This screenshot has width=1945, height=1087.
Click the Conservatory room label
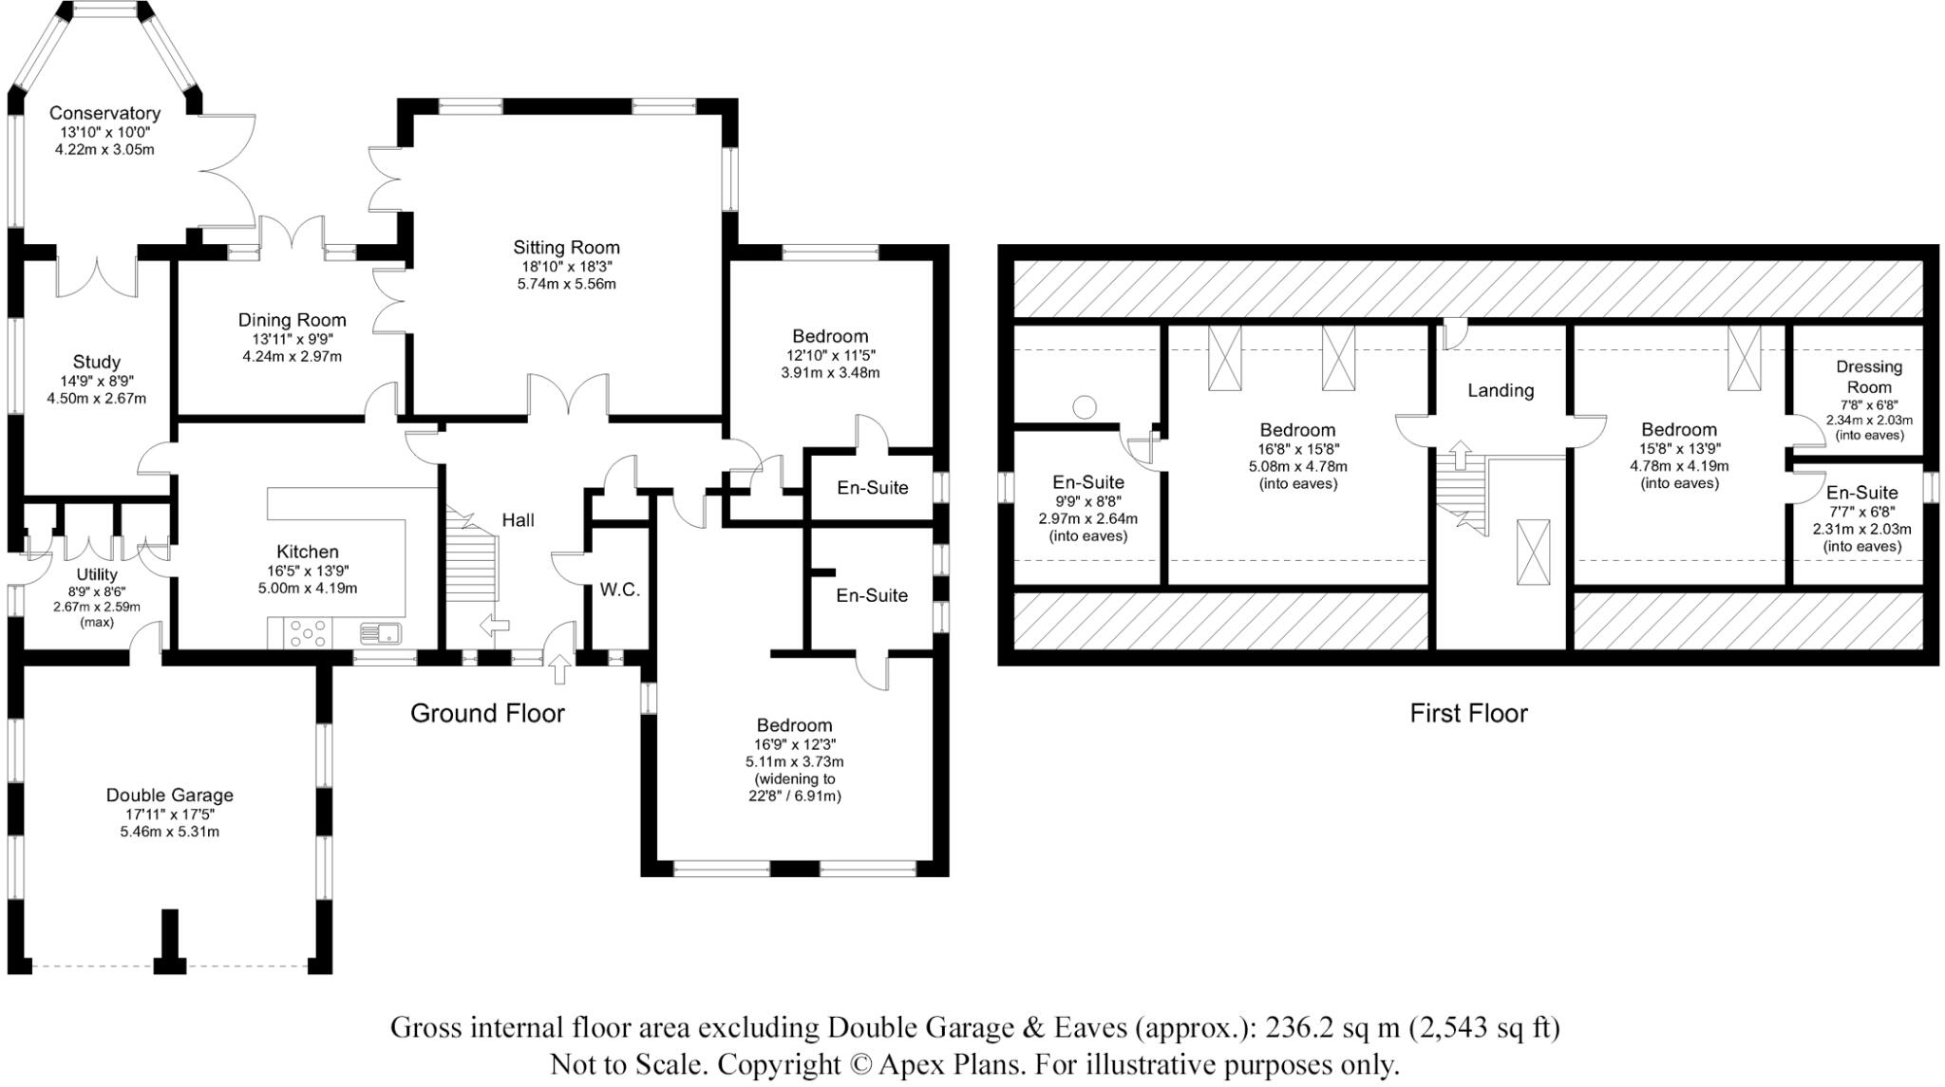coord(104,114)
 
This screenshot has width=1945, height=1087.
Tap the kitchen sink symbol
coord(381,632)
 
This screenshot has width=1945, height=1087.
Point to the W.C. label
coord(619,590)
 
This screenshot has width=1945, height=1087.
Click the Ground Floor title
coord(487,713)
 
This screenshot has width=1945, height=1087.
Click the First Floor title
coord(1468,713)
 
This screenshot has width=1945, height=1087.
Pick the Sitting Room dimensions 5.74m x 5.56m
coord(567,284)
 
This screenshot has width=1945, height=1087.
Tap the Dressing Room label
coord(1869,377)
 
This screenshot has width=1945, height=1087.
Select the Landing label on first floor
coord(1501,390)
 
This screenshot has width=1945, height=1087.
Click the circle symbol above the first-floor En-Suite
coord(1084,407)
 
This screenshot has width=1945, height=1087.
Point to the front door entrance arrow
coord(560,668)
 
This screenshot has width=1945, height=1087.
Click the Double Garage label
coord(169,796)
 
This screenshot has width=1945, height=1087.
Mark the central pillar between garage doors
coord(170,941)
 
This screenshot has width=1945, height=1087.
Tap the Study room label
coord(97,362)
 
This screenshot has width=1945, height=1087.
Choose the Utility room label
coord(97,574)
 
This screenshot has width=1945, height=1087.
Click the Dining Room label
coord(292,320)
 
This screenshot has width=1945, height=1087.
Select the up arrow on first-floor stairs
coord(1460,455)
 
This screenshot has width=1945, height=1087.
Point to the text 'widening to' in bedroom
coord(795,779)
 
